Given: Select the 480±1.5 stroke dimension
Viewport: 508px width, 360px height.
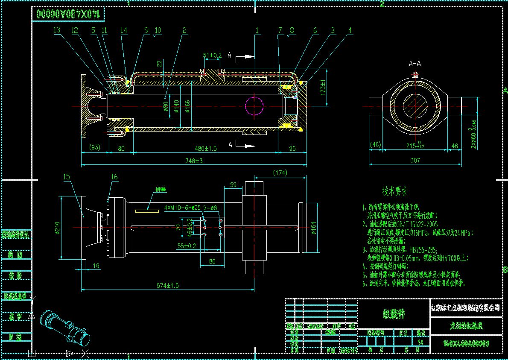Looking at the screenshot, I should coord(206,149).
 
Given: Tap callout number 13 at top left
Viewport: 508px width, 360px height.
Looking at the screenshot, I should coord(57,30).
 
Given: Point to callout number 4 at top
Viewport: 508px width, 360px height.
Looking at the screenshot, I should coord(350,30).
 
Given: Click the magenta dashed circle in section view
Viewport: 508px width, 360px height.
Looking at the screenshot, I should coord(255,105).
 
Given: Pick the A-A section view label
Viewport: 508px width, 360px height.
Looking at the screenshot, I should coord(415,64).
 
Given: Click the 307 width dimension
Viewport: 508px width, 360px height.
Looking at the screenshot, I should coord(415,160).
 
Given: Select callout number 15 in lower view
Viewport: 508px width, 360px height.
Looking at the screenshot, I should coord(66,176).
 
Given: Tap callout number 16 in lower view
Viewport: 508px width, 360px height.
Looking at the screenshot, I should coord(114,176).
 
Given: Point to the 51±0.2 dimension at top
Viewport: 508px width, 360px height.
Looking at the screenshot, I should coord(212,56).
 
